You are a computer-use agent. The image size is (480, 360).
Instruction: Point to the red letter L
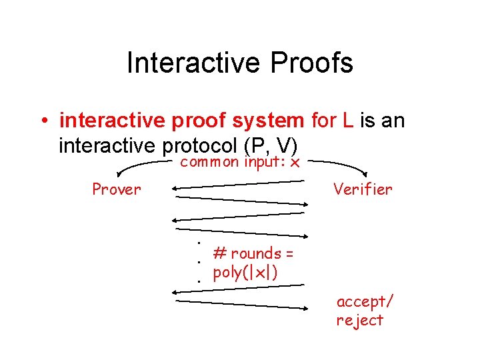point(348,121)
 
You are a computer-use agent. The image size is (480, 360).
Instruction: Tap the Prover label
point(117,189)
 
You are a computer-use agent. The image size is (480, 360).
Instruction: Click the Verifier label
point(363,189)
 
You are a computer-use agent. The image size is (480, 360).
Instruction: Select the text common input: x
point(240,162)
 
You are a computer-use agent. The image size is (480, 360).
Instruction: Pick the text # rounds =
point(253,253)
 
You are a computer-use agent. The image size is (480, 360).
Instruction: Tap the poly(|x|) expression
point(245,272)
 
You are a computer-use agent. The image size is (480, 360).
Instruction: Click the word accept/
point(364,301)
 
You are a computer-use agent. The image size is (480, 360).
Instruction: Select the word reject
point(360,320)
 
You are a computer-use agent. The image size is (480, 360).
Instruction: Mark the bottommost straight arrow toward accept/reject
point(240,305)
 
